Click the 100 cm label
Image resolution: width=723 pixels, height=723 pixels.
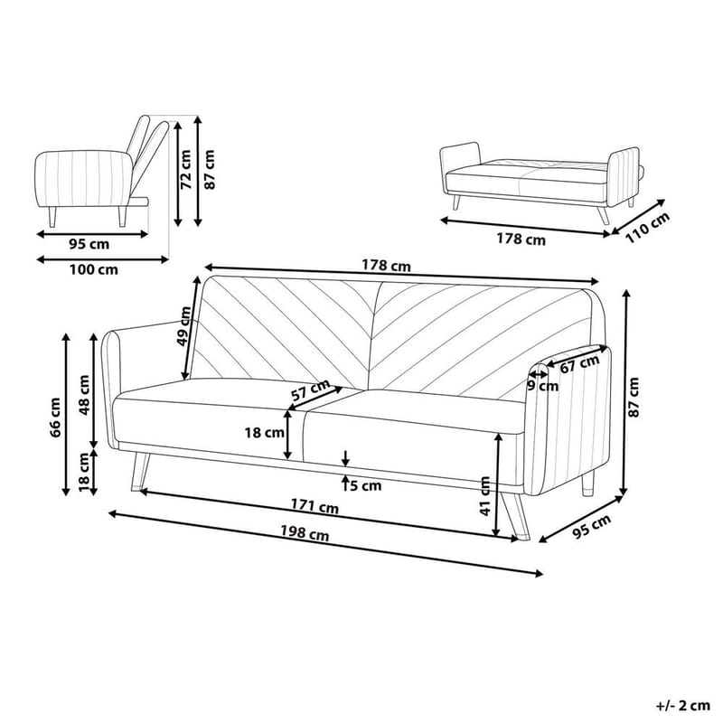(x=95, y=269)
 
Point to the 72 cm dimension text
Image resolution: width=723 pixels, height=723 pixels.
(x=185, y=170)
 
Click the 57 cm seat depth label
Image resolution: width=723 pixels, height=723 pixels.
(x=310, y=391)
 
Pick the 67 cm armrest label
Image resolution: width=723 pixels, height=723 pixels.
(x=579, y=363)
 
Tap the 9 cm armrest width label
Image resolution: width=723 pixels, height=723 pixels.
(x=542, y=386)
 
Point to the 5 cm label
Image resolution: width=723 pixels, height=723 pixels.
(x=365, y=485)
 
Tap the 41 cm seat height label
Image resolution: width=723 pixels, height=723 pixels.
(x=485, y=495)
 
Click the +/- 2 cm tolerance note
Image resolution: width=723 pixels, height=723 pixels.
(x=683, y=704)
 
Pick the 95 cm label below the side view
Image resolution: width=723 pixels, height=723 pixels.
(x=89, y=244)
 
